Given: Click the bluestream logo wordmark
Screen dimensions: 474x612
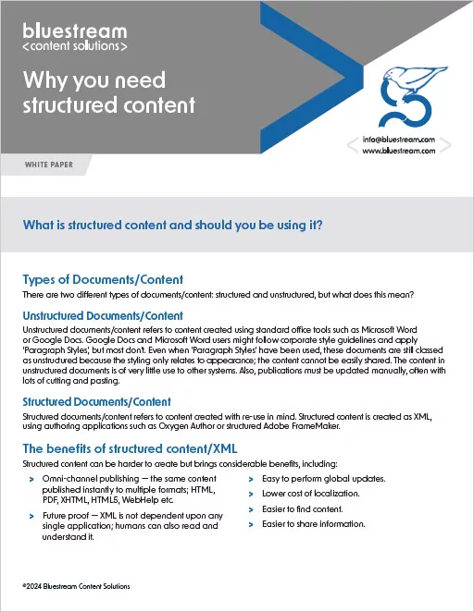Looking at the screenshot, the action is click(x=75, y=30).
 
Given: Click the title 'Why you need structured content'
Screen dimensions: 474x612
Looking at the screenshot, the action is click(x=108, y=92).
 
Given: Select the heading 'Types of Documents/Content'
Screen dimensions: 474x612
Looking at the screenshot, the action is click(x=102, y=279).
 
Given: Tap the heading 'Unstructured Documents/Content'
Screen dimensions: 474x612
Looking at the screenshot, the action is click(x=103, y=316).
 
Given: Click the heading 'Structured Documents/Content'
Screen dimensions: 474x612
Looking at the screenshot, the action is click(x=96, y=402).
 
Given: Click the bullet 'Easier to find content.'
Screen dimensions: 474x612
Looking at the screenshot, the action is click(x=303, y=509).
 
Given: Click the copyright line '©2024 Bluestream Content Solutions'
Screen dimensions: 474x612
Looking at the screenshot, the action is click(x=76, y=586).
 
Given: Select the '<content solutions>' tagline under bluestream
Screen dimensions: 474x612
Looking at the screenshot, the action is click(x=75, y=44).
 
